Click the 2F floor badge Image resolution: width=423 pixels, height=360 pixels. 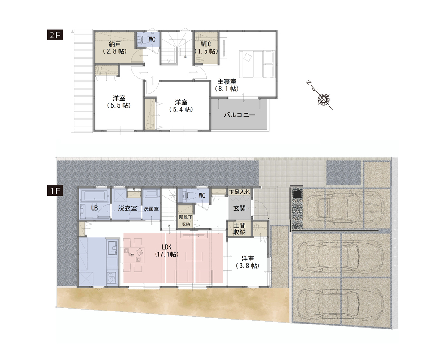[55, 35]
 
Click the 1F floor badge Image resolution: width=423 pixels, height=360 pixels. [55, 191]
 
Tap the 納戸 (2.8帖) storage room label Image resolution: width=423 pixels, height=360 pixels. [115, 48]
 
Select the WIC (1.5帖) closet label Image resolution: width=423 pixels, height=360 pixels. [206, 48]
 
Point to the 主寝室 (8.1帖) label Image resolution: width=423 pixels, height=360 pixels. [227, 85]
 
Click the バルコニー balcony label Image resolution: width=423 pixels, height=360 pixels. [240, 115]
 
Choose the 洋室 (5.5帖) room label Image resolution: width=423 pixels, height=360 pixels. [119, 102]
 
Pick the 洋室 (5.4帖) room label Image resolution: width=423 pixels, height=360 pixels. [181, 106]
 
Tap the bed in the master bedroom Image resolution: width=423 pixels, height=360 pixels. [257, 64]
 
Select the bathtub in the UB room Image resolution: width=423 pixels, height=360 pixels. [95, 195]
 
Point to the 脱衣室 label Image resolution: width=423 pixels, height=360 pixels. [127, 208]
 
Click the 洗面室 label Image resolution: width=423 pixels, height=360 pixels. [151, 208]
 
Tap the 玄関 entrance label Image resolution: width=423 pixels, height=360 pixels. [240, 208]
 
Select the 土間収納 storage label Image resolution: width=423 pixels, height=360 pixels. [240, 229]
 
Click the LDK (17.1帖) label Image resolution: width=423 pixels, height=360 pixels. [166, 251]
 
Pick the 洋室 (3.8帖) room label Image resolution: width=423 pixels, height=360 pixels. [248, 262]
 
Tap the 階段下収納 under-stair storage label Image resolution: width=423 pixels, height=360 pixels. [186, 220]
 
